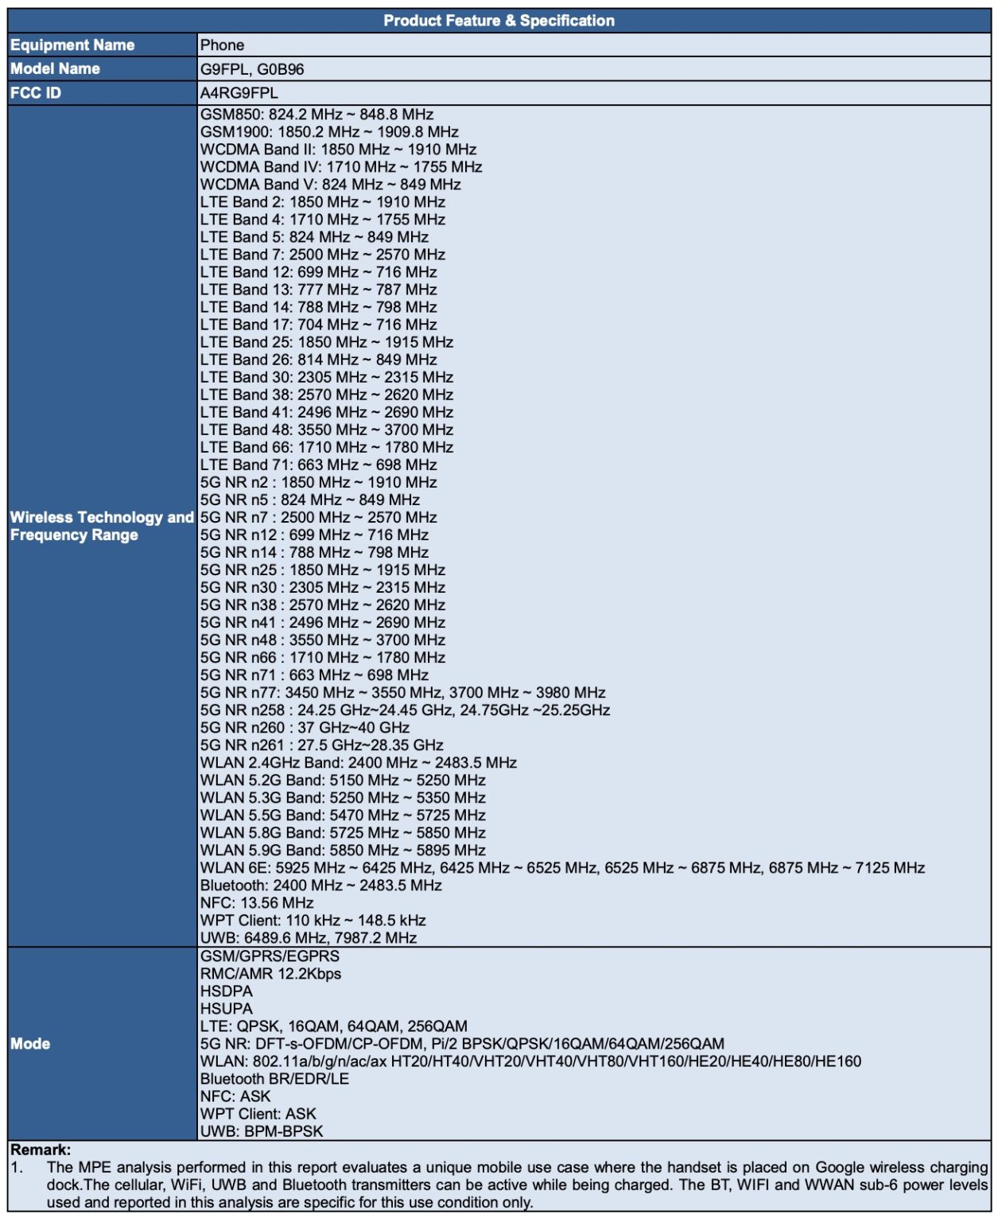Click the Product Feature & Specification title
(499, 21)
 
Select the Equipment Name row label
(72, 45)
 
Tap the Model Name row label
(55, 69)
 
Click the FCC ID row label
(36, 93)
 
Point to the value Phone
(222, 45)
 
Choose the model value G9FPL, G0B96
(252, 69)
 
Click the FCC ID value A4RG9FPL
(239, 93)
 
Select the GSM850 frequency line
(317, 115)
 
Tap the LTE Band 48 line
(326, 430)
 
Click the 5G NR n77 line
(402, 693)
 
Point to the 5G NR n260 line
(305, 728)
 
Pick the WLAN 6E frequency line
(562, 868)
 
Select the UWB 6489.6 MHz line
(309, 938)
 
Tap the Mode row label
(30, 1044)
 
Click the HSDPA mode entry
(227, 991)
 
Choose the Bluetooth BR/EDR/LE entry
(274, 1079)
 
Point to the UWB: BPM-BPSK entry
(262, 1131)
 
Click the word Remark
(40, 1150)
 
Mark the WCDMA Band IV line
(341, 167)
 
